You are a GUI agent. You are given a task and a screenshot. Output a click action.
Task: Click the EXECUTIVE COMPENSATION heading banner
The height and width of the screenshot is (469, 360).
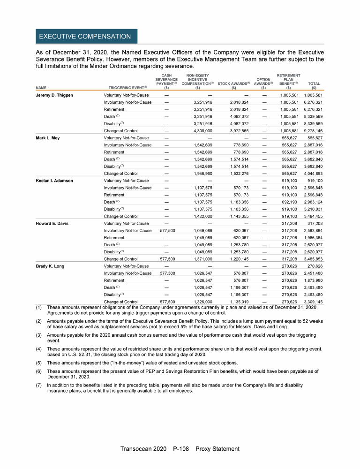85,36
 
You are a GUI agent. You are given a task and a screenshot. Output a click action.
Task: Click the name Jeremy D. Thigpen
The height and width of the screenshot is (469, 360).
55,95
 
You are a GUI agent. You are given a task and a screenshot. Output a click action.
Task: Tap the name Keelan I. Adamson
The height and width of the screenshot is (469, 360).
54,181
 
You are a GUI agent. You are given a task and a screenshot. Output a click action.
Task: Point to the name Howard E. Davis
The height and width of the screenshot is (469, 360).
52,223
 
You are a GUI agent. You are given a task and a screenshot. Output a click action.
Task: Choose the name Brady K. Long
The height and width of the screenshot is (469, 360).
50,266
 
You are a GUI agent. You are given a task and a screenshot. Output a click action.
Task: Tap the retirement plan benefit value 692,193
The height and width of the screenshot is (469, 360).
289,202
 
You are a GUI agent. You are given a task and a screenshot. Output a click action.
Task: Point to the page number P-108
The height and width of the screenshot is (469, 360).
180,449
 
